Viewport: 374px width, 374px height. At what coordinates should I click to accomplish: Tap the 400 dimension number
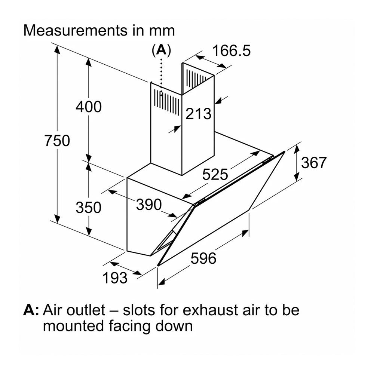click(x=88, y=107)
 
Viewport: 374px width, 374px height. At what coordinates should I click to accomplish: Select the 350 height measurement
click(x=88, y=207)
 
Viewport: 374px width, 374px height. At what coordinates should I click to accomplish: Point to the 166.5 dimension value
click(x=231, y=50)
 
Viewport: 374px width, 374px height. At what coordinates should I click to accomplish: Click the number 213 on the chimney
click(x=199, y=114)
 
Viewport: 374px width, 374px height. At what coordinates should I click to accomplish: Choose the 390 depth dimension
click(x=148, y=204)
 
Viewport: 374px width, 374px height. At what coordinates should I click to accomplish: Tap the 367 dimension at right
click(x=314, y=163)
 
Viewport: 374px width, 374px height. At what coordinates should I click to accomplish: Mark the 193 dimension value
click(x=115, y=278)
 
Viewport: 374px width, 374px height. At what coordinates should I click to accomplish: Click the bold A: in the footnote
click(x=31, y=310)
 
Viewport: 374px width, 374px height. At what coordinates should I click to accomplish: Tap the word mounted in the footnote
click(x=72, y=326)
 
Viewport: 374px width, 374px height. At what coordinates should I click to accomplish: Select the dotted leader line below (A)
click(x=161, y=75)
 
